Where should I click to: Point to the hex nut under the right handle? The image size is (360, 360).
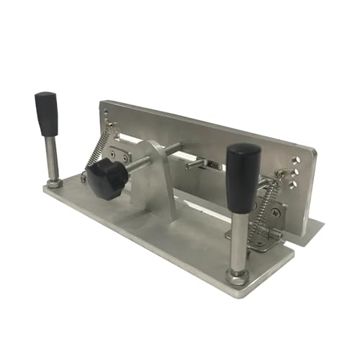pyautogui.click(x=235, y=275)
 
